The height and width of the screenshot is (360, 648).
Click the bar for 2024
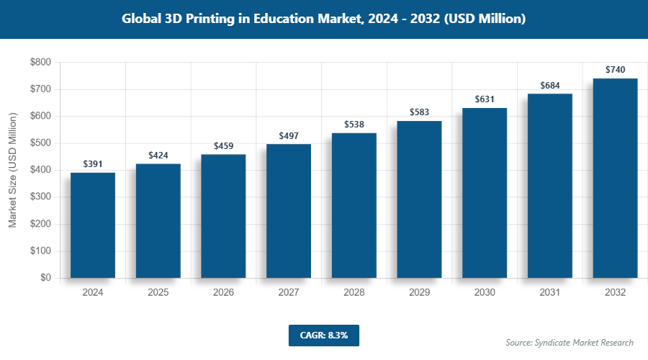click(93, 225)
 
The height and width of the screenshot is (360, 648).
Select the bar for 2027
click(289, 211)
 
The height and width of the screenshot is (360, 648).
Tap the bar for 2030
click(485, 193)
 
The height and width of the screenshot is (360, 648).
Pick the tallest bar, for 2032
click(615, 178)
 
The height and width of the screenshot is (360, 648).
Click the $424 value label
click(158, 155)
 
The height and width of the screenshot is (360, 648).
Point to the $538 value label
click(354, 124)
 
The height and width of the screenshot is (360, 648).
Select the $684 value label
click(550, 86)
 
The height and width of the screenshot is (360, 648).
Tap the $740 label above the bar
click(615, 70)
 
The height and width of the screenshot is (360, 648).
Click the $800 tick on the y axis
click(40, 63)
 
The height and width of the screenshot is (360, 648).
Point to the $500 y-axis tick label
click(40, 143)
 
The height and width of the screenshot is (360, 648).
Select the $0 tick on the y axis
click(45, 278)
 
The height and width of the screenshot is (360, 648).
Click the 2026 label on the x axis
click(224, 293)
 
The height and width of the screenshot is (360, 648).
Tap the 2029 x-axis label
click(420, 293)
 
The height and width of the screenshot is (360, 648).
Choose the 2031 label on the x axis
click(550, 293)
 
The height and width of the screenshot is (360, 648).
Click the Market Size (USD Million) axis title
click(12, 171)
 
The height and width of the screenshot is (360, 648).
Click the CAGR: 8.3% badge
click(323, 336)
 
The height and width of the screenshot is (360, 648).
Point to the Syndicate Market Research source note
click(570, 342)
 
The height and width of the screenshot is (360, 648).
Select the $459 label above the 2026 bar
click(224, 145)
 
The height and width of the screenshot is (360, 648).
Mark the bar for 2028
click(354, 205)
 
